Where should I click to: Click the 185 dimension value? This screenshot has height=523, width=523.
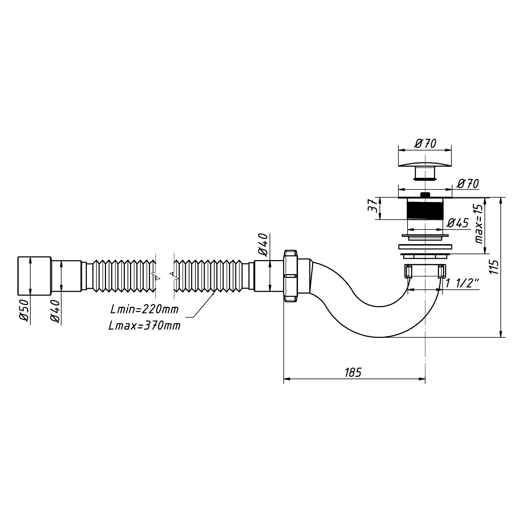click(353, 372)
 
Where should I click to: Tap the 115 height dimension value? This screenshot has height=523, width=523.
click(494, 267)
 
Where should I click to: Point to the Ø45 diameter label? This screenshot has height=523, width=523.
click(458, 222)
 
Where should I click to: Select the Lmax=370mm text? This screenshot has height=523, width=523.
click(144, 326)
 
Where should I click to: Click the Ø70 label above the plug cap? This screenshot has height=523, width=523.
click(425, 143)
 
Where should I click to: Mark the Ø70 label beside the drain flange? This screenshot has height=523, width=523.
click(468, 183)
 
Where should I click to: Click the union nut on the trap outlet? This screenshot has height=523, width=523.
click(291, 275)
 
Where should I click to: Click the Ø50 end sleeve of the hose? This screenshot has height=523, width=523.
click(34, 275)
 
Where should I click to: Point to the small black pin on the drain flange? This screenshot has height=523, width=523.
click(425, 194)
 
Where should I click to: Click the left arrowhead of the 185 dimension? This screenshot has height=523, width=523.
click(287, 379)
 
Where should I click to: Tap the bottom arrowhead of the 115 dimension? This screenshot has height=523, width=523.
click(501, 334)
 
